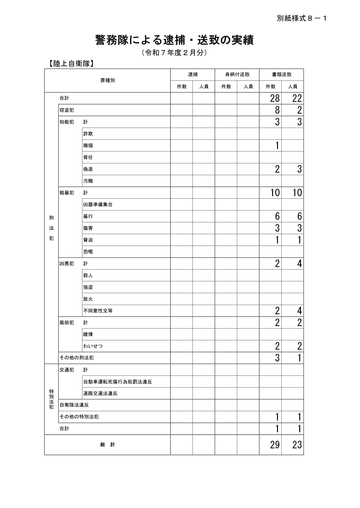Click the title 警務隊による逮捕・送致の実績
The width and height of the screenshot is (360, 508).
pyautogui.click(x=174, y=40)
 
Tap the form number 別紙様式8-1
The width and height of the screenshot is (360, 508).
pyautogui.click(x=302, y=19)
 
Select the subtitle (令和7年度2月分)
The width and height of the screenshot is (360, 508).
pyautogui.click(x=174, y=53)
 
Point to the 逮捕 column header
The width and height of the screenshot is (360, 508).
pyautogui.click(x=193, y=74)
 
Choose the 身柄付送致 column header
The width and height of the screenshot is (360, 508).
pyautogui.click(x=237, y=74)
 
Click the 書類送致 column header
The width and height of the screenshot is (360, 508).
pyautogui.click(x=281, y=74)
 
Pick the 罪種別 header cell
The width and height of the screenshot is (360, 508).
pyautogui.click(x=107, y=81)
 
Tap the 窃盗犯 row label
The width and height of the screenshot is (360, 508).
pyautogui.click(x=67, y=110)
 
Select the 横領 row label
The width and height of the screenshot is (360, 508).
pyautogui.click(x=88, y=145)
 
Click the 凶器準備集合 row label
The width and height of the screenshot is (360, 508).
pyautogui.click(x=98, y=204)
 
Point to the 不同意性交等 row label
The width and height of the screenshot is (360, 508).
pyautogui.click(x=98, y=311)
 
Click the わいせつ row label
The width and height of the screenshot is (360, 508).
pyautogui.click(x=93, y=346)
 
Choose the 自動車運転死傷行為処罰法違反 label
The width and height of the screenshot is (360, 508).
pyautogui.click(x=117, y=382)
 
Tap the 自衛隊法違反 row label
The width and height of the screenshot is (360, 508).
pyautogui.click(x=74, y=405)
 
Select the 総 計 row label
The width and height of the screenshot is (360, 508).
pyautogui.click(x=107, y=445)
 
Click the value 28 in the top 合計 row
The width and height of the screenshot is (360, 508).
pyautogui.click(x=275, y=98)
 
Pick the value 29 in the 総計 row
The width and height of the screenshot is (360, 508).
pyautogui.click(x=275, y=445)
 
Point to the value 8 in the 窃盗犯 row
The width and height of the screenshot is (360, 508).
pyautogui.click(x=277, y=110)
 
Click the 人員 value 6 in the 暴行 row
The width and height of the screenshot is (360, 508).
pyautogui.click(x=299, y=216)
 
